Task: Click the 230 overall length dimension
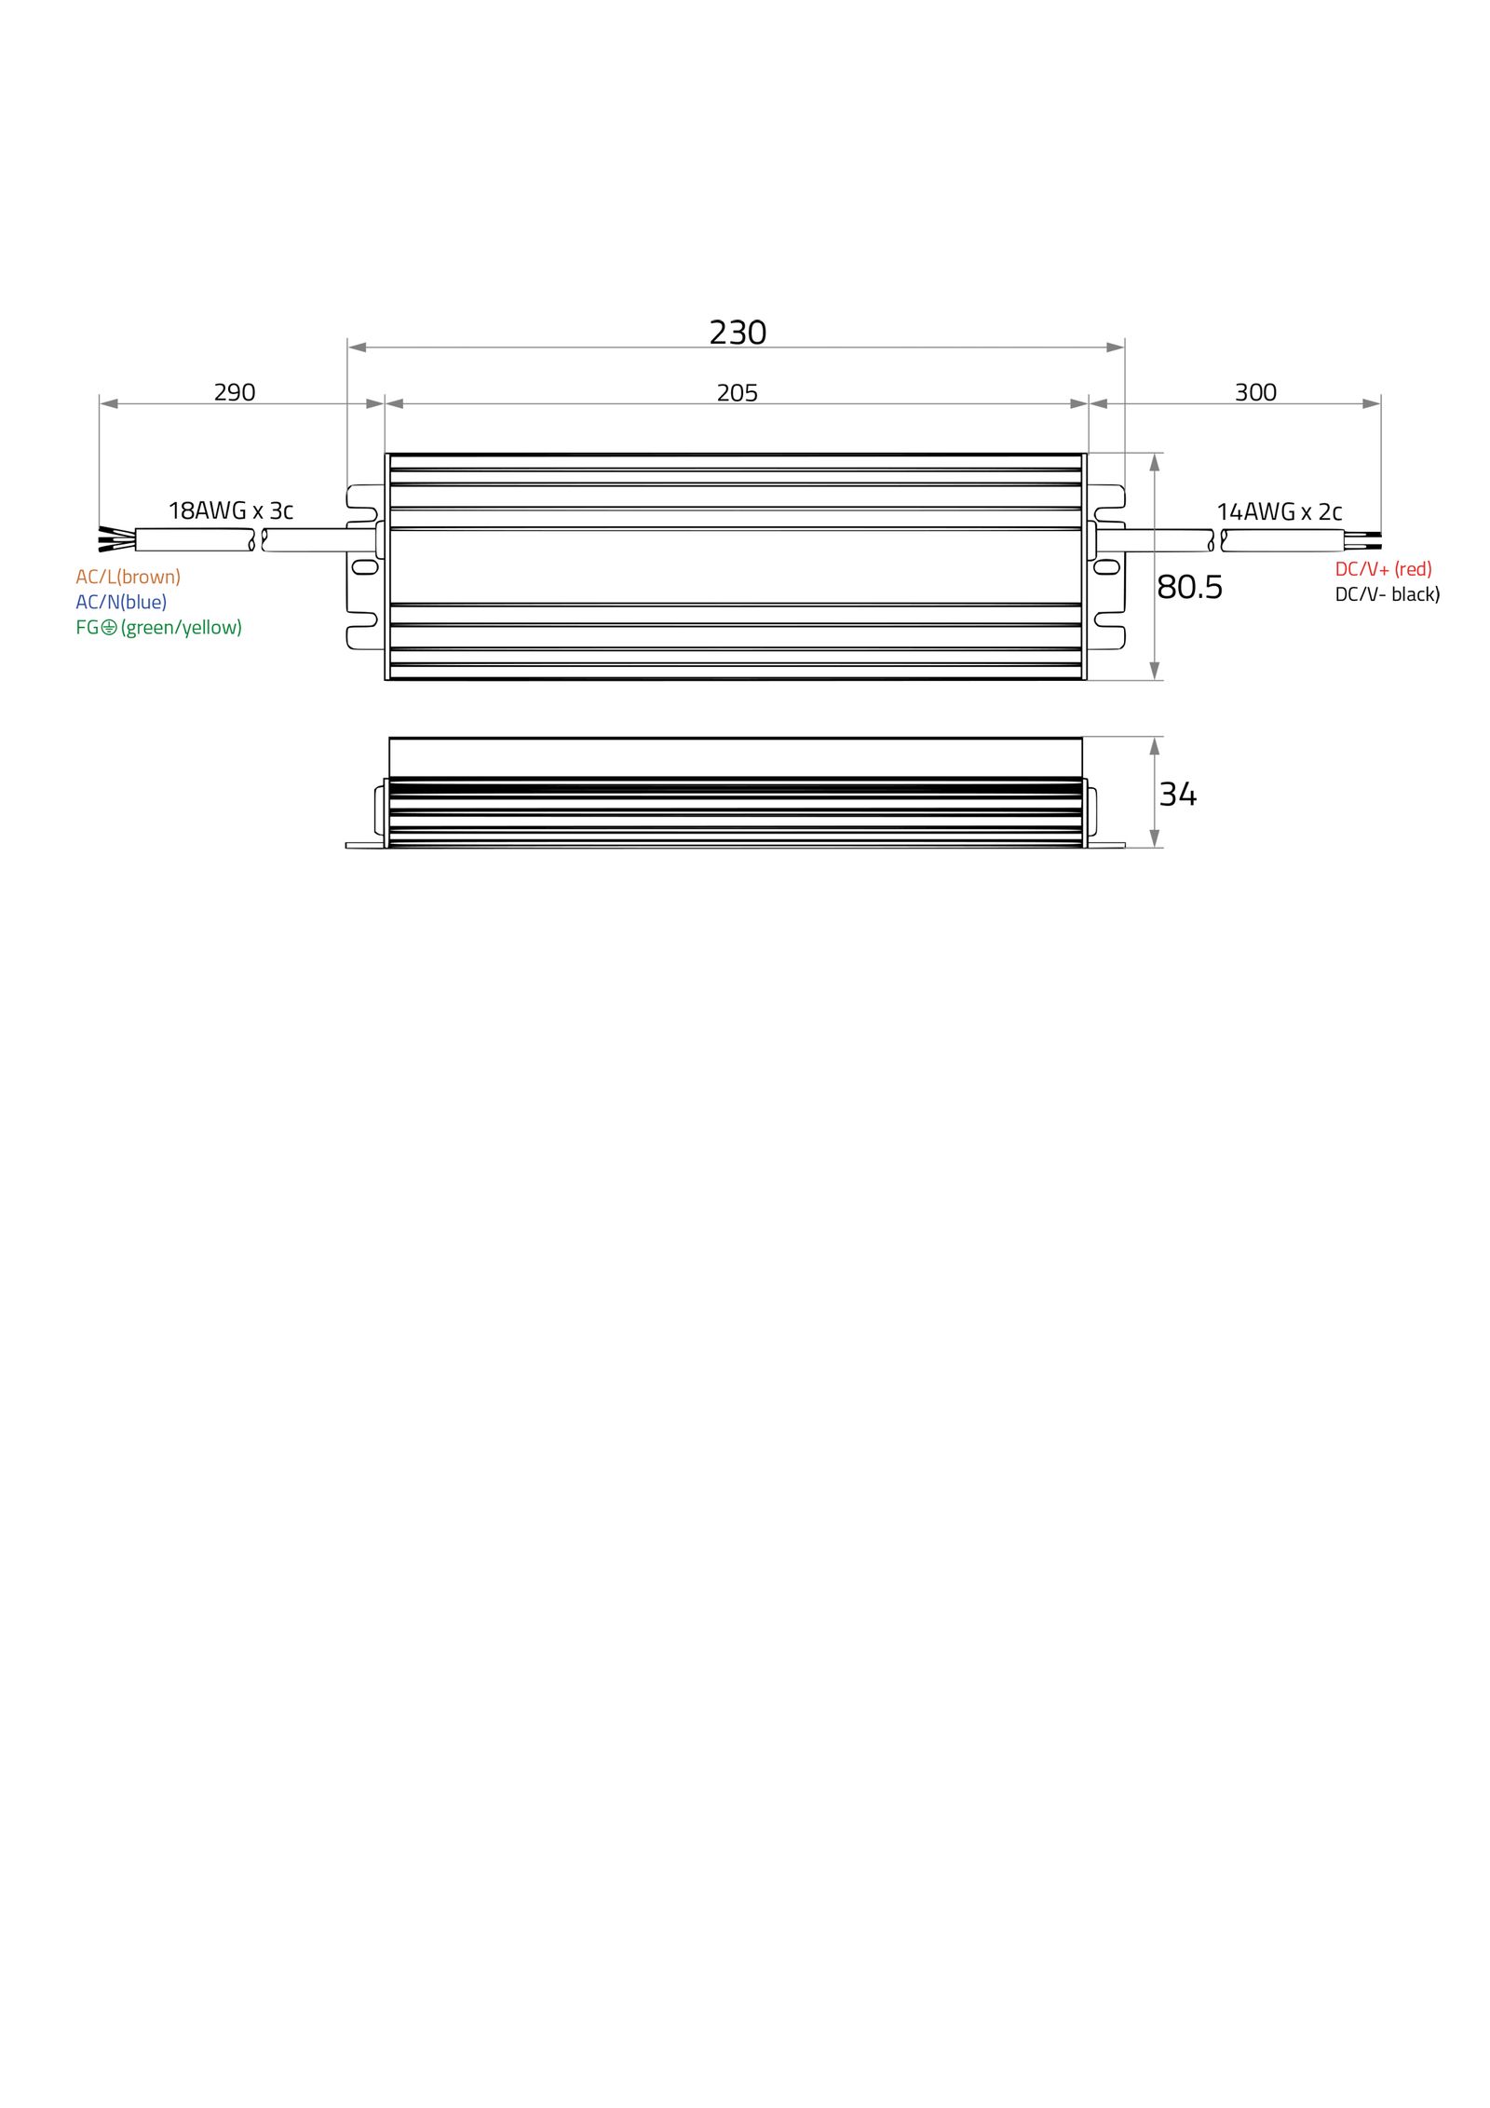[737, 333]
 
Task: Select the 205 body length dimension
[737, 393]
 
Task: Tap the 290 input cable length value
[234, 392]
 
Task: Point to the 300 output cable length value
[1254, 392]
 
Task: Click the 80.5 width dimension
[1188, 587]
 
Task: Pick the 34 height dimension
[1177, 794]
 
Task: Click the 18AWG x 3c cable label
[230, 510]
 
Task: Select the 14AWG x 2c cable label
[1279, 511]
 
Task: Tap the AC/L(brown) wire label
[128, 577]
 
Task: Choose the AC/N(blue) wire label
[121, 602]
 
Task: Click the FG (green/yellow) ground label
[158, 627]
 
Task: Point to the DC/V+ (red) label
[1382, 568]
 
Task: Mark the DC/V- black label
[1387, 593]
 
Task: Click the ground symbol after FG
[109, 627]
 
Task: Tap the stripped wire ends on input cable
[115, 539]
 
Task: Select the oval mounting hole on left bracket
[365, 566]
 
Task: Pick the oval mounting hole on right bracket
[1105, 566]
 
